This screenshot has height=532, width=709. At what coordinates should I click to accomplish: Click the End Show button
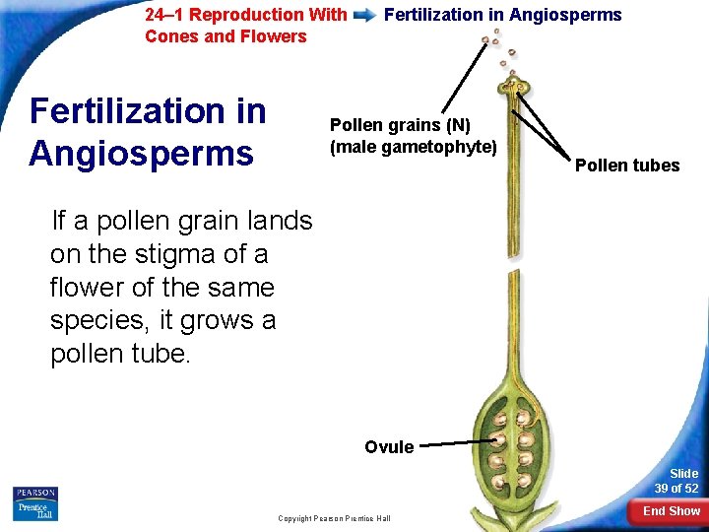671,511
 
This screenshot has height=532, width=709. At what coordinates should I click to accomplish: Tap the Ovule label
389,447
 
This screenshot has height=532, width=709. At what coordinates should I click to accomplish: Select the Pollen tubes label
627,166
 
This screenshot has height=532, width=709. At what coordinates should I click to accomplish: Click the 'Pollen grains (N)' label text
400,125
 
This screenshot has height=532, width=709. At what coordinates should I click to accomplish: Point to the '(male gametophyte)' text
413,147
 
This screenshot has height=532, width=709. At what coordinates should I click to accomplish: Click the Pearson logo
34,493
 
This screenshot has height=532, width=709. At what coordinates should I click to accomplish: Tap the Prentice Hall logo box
34,510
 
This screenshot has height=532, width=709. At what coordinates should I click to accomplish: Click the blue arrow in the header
364,15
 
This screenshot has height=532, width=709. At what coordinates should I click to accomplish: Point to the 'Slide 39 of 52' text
678,481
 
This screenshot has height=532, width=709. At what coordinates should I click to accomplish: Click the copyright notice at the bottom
334,518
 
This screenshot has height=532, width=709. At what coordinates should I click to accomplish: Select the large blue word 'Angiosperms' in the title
142,154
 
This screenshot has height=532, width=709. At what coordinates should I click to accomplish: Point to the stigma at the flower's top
514,88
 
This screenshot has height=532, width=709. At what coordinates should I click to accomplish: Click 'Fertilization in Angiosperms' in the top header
502,15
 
